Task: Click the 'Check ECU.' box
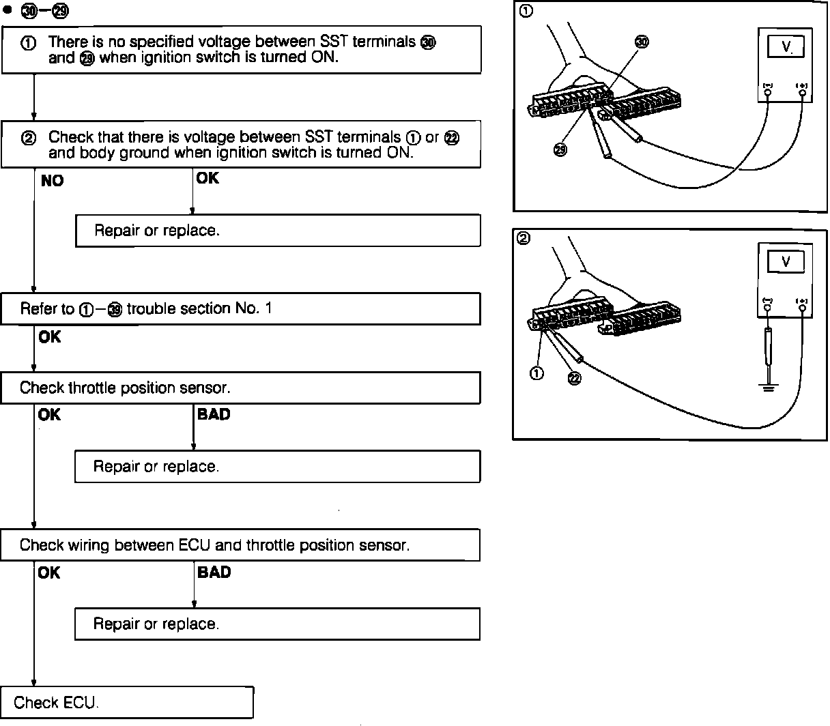coord(127,702)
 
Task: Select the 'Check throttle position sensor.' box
coord(240,388)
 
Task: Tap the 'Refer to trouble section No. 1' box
coord(240,309)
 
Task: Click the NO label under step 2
coord(52,181)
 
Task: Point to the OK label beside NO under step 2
coord(207,178)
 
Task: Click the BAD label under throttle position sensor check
coord(214,414)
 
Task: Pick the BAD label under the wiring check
coord(214,572)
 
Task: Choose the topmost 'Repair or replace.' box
coord(278,231)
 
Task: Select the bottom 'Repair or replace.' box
coord(278,624)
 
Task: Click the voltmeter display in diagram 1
coord(786,47)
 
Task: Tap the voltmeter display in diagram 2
coord(786,261)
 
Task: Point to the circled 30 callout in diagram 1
coord(642,42)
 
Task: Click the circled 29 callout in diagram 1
coord(560,150)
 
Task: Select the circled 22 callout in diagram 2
coord(574,379)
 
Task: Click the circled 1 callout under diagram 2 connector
coord(537,373)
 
